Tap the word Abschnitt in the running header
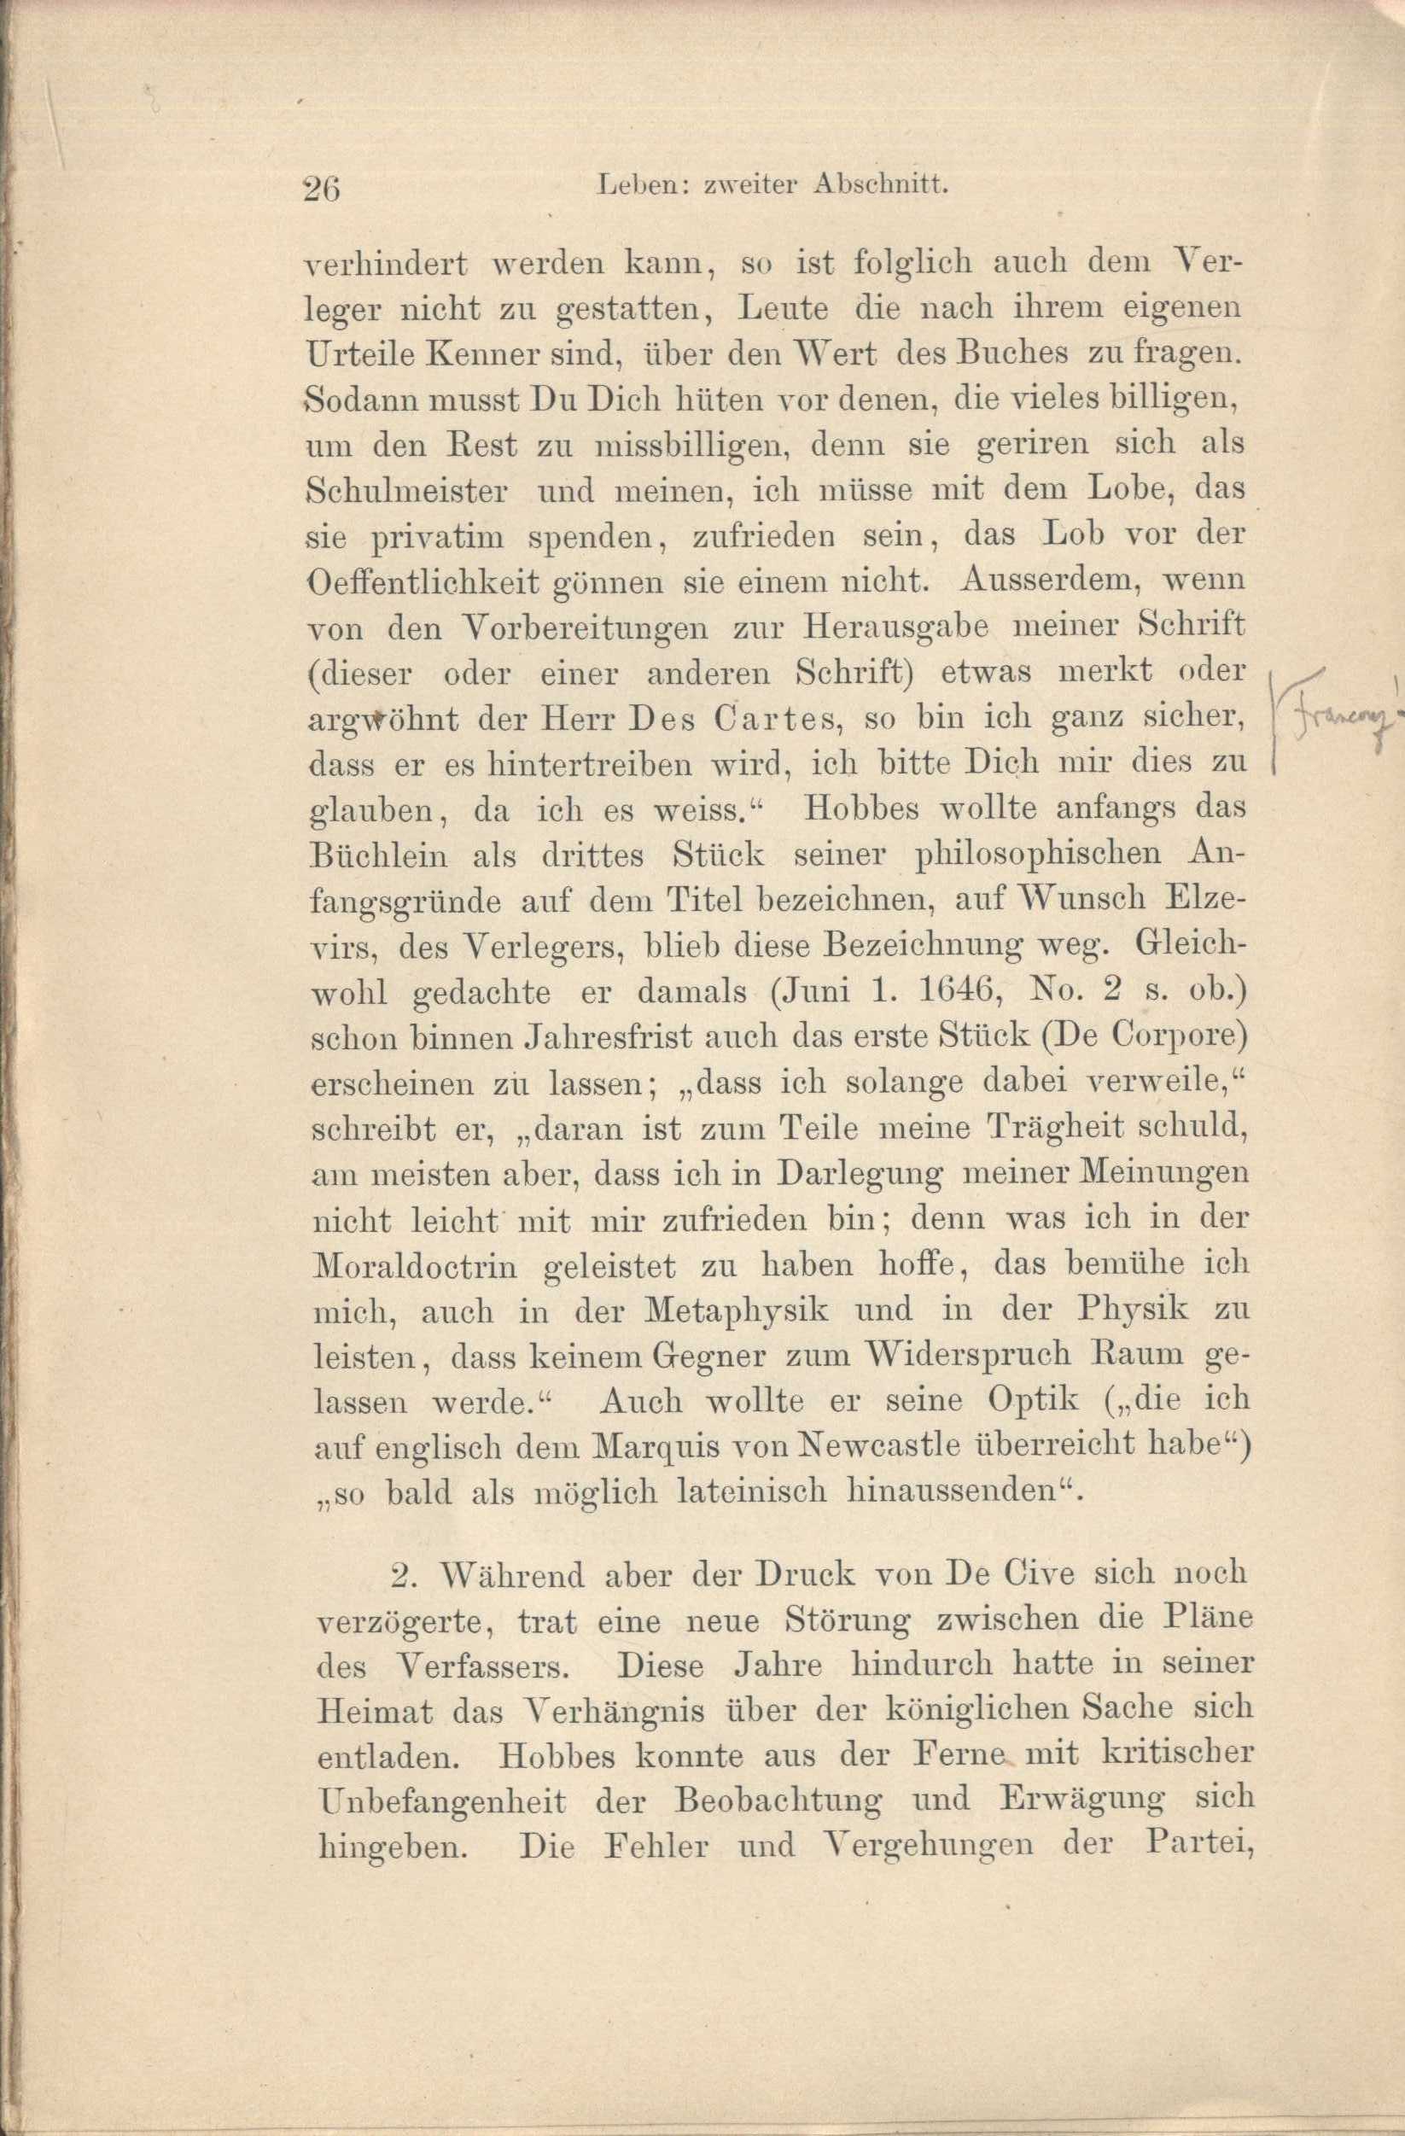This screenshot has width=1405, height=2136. (879, 187)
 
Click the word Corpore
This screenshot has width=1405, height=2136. (1176, 1037)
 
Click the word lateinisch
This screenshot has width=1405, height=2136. (754, 1492)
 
